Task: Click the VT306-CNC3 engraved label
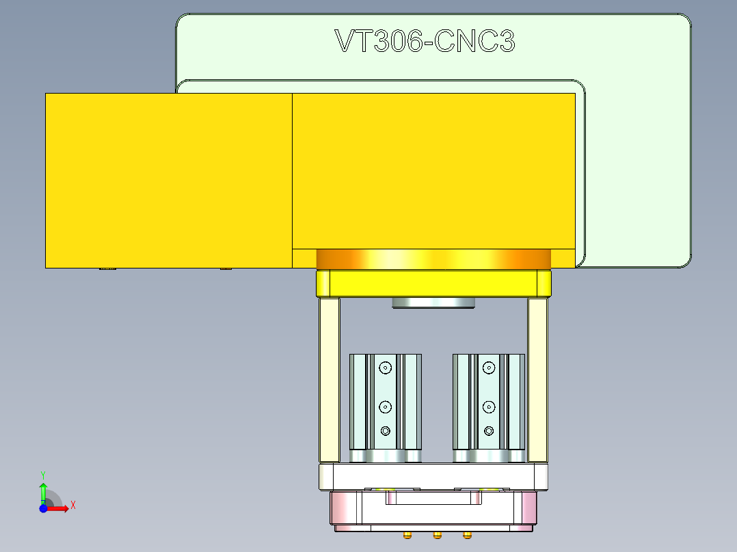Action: (425, 42)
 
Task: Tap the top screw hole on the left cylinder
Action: (386, 368)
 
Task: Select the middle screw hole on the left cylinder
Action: (386, 406)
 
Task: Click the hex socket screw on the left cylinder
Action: (386, 430)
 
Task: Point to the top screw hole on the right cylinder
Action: (488, 368)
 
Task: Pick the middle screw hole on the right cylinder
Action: (488, 406)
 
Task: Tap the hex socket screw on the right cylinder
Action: (488, 430)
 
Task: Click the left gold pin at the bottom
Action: (408, 534)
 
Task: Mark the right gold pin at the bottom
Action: (468, 534)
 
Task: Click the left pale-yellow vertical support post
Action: (329, 380)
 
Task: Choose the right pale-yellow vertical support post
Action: (537, 380)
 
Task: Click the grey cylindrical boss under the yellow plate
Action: (433, 303)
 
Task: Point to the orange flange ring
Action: (433, 260)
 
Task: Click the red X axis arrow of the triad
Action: (60, 508)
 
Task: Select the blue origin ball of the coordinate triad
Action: (43, 508)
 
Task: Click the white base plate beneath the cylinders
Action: (433, 476)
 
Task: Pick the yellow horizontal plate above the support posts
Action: (433, 284)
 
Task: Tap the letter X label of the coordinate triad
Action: (72, 506)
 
